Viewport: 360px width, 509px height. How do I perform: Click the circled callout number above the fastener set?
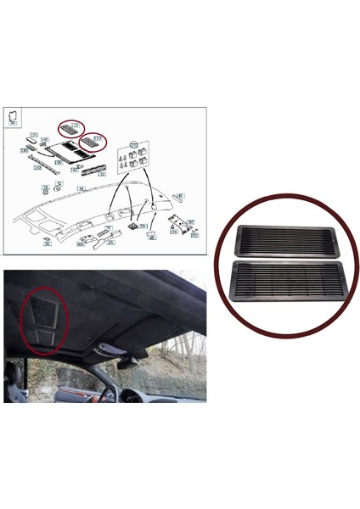pos(132,145)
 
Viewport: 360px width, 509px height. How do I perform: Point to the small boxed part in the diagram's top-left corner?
pos(13,118)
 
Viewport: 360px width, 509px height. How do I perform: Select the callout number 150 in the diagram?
pos(37,168)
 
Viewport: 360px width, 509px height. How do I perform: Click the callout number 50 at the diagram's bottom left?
pos(48,243)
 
